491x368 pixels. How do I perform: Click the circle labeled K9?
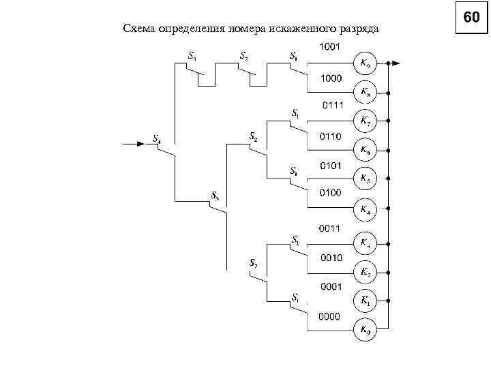365,63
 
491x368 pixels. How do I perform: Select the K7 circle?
365,122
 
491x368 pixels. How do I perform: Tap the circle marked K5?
365,179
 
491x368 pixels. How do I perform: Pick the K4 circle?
365,209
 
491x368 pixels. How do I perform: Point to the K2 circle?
365,272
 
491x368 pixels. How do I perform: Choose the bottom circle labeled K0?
365,331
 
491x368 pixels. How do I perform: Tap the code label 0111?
332,106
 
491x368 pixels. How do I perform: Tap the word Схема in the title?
138,29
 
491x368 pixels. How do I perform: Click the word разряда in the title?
360,29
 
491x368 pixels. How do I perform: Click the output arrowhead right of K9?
396,63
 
